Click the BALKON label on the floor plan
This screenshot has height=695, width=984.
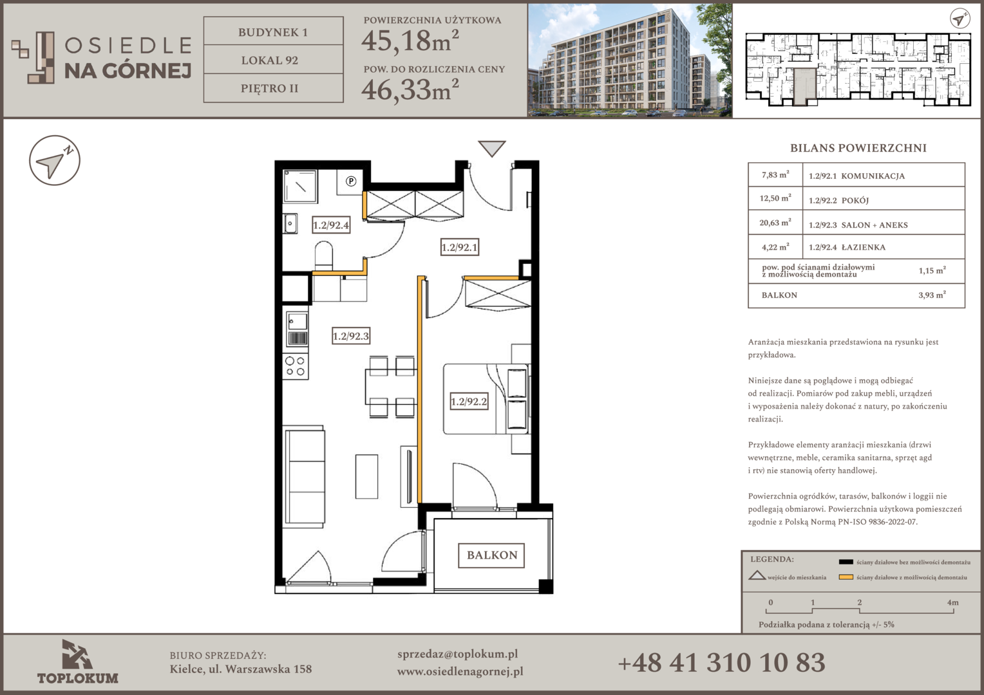point(491,555)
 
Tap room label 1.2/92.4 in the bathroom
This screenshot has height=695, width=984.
point(331,225)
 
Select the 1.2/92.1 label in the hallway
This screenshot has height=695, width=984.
point(460,247)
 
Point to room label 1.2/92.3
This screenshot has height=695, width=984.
point(350,337)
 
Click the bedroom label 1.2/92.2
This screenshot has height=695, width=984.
point(469,402)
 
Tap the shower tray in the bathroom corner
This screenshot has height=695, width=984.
point(300,186)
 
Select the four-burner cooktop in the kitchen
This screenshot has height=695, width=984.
point(295,367)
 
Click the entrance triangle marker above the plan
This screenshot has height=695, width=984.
point(491,149)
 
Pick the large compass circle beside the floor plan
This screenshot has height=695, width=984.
point(55,160)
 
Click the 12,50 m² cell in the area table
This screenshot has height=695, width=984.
point(775,198)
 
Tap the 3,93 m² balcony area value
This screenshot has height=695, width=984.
point(932,295)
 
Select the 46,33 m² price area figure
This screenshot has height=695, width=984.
point(410,89)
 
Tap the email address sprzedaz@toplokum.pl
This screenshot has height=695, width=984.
point(457,654)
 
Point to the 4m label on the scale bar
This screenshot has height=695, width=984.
point(952,602)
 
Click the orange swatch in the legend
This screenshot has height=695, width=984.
point(846,577)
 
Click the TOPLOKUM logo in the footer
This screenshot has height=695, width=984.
point(77,662)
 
